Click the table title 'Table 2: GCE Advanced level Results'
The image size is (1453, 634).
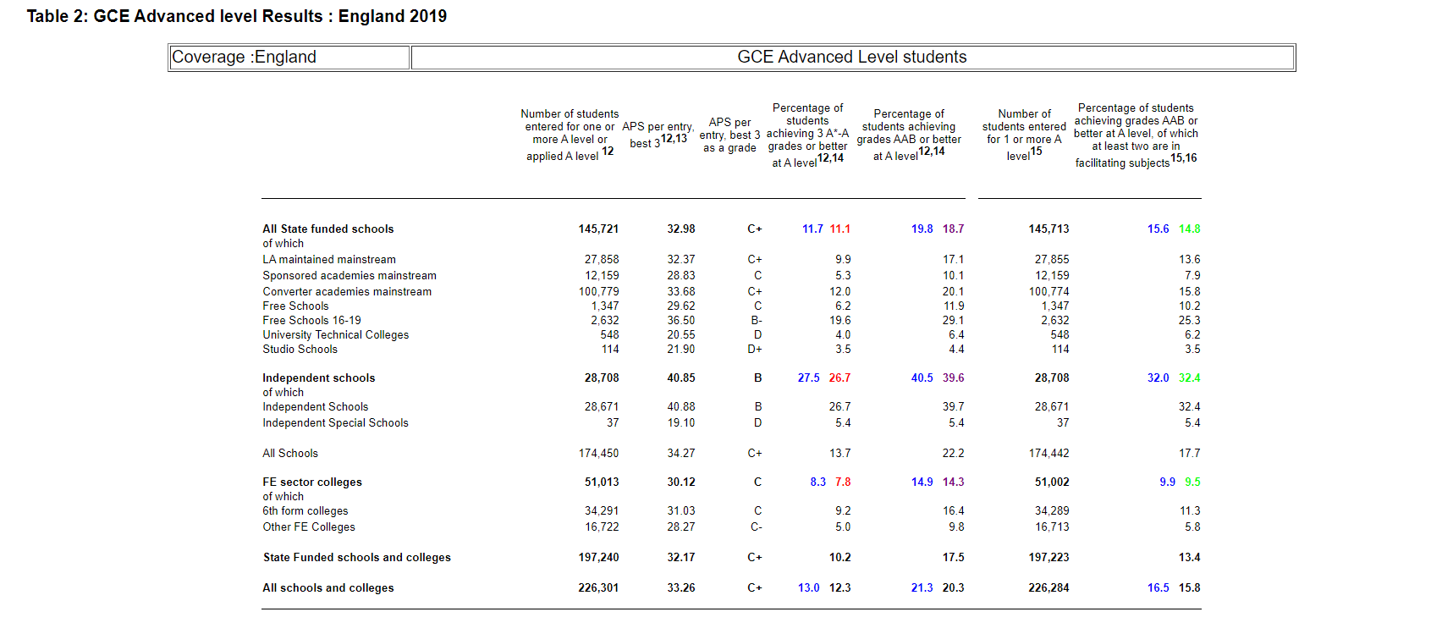(175, 16)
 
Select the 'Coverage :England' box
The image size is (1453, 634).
(289, 58)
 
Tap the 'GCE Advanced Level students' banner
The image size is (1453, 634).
(852, 58)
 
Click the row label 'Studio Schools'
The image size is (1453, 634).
(300, 350)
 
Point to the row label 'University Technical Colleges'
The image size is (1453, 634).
(336, 335)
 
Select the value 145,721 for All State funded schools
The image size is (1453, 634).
(598, 229)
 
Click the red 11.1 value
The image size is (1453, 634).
(840, 229)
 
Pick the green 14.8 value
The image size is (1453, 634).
(1190, 229)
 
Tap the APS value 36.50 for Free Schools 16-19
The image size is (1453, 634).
(681, 321)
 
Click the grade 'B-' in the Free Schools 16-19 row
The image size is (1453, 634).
(757, 321)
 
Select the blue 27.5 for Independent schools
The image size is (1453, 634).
(809, 378)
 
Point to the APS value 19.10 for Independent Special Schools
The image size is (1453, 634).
(681, 423)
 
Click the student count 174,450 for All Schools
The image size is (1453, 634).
(598, 454)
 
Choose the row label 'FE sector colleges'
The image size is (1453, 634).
(312, 482)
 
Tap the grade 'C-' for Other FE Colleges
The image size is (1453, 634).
(757, 527)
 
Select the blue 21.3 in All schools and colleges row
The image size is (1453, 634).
(922, 588)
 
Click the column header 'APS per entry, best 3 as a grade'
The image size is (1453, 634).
(729, 135)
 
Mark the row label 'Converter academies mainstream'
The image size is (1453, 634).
(347, 292)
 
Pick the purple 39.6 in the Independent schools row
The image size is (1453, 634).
(954, 378)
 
